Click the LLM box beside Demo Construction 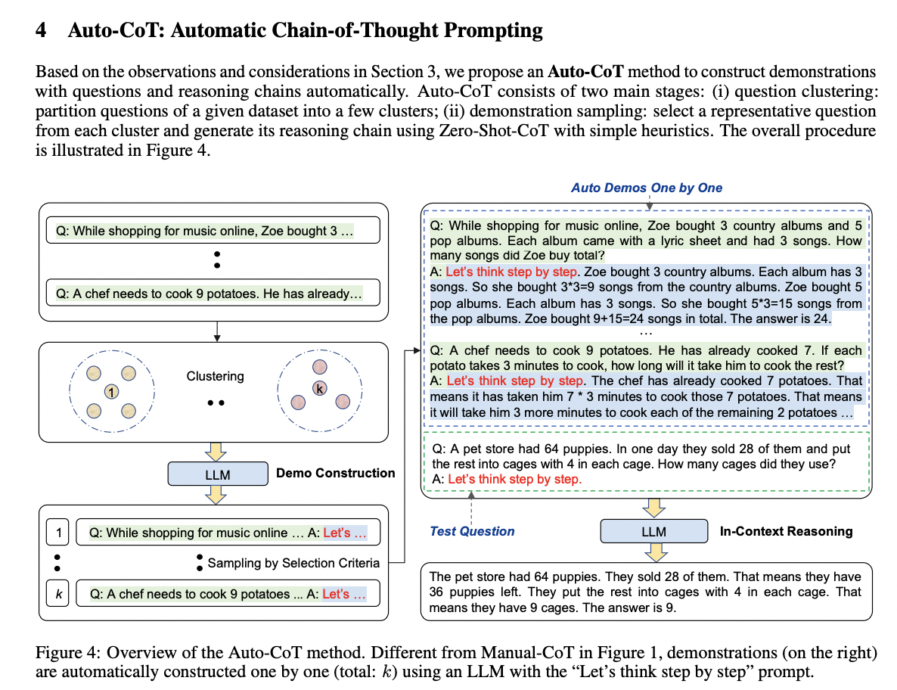point(217,474)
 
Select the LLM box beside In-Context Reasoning point(653,531)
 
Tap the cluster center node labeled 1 point(111,391)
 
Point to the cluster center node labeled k point(321,387)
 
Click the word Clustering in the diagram point(216,376)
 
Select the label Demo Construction point(335,474)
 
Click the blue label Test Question point(472,531)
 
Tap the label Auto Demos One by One point(646,188)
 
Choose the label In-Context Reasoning point(787,531)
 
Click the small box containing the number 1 point(57,533)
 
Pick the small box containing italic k point(57,594)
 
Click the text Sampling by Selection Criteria point(293,563)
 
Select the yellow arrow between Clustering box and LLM point(217,452)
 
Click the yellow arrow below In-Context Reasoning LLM point(653,552)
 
